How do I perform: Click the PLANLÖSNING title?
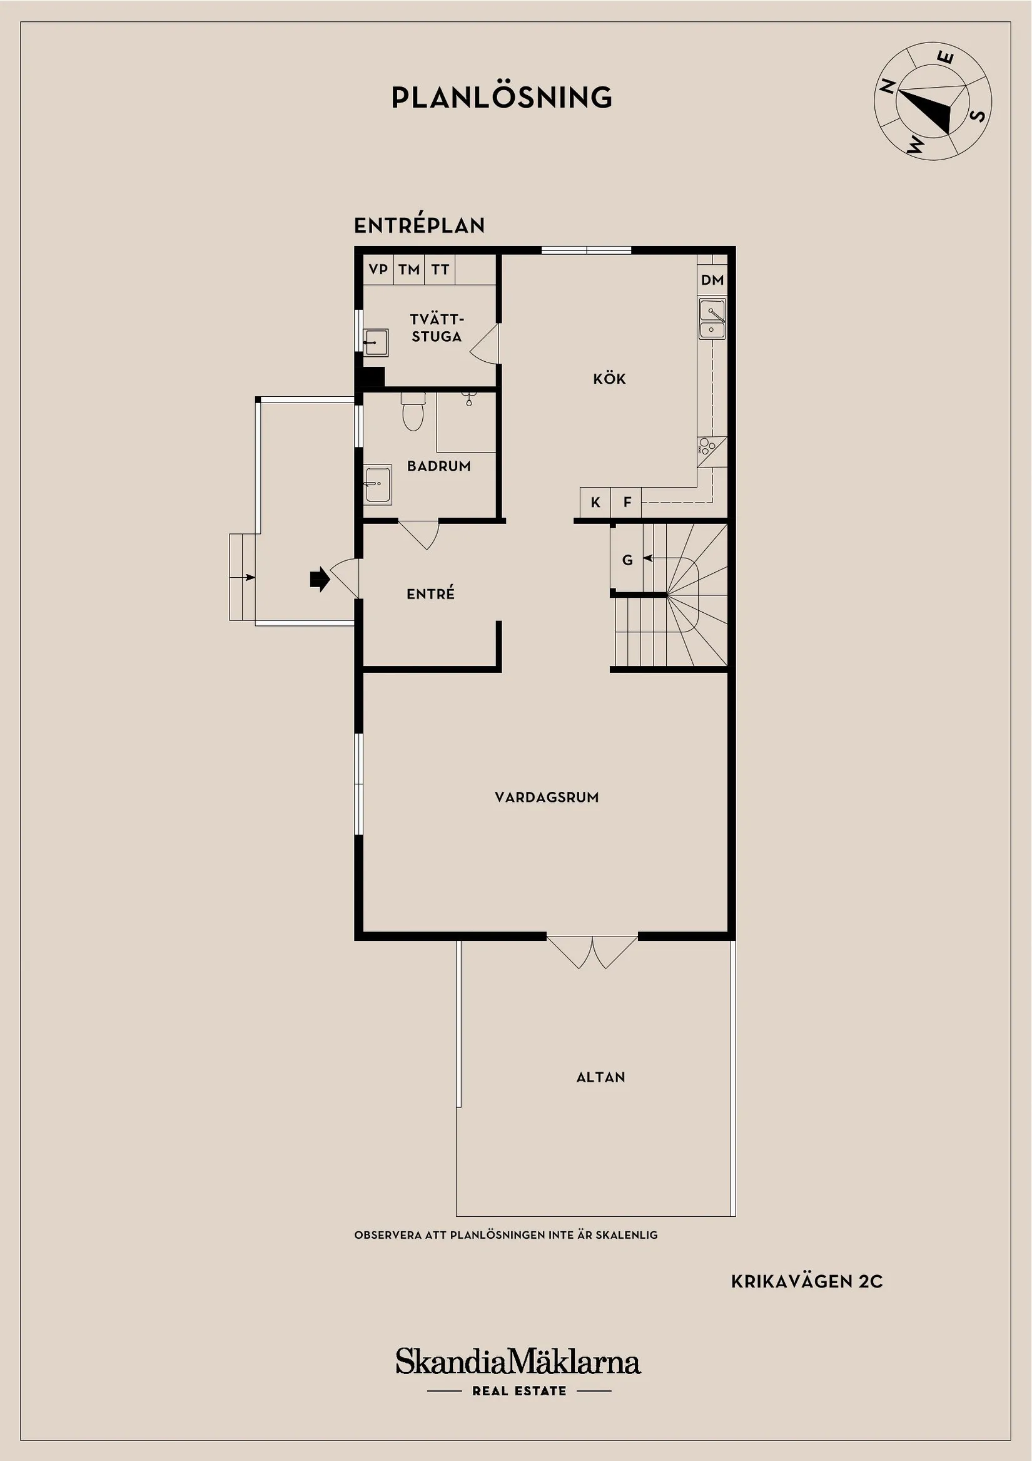pyautogui.click(x=502, y=98)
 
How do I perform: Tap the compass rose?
pyautogui.click(x=932, y=101)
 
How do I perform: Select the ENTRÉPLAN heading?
pyautogui.click(x=419, y=225)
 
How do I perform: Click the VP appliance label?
pyautogui.click(x=378, y=269)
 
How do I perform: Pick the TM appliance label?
pyautogui.click(x=409, y=269)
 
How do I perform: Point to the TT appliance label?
pyautogui.click(x=440, y=269)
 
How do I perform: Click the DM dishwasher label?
pyautogui.click(x=712, y=279)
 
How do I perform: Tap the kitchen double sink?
pyautogui.click(x=712, y=319)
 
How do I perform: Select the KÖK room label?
pyautogui.click(x=609, y=379)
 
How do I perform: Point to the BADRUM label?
pyautogui.click(x=438, y=466)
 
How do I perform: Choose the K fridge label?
pyautogui.click(x=595, y=503)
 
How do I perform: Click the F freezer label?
pyautogui.click(x=627, y=503)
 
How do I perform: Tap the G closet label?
pyautogui.click(x=627, y=561)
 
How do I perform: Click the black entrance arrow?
pyautogui.click(x=319, y=579)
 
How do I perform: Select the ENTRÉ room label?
pyautogui.click(x=430, y=593)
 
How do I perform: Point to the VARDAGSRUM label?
pyautogui.click(x=547, y=797)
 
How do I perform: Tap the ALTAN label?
pyautogui.click(x=600, y=1077)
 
